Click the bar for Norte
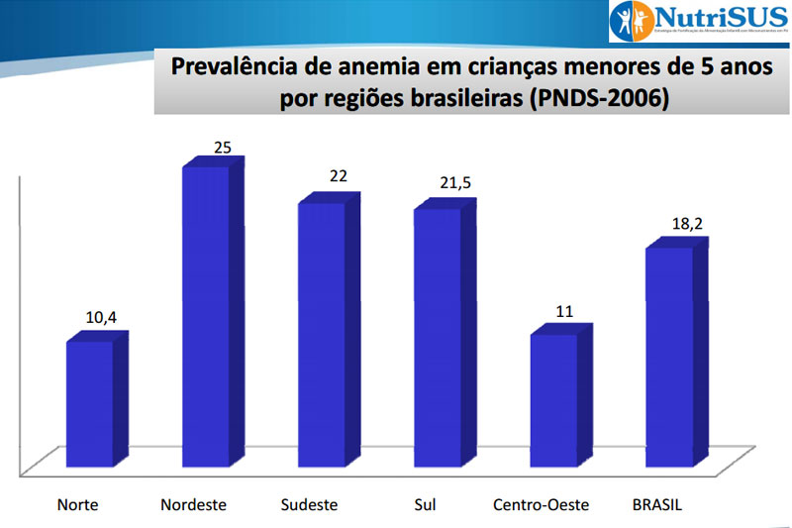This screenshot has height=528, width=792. pos(90,404)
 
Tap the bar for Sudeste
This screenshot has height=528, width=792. pos(322,334)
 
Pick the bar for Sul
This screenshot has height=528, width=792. pos(438,337)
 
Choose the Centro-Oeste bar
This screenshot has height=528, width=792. pos(553,400)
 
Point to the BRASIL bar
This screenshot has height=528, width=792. pos(669,357)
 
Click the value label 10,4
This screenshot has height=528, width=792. pos(101,318)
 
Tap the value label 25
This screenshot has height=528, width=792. pos(223,149)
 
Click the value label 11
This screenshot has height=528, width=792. pos(565,310)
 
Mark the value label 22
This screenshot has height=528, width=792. pos(339,176)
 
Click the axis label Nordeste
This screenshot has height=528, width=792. pos(193,504)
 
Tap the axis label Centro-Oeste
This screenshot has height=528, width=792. pos(541,504)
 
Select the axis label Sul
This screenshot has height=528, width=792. pos(425,504)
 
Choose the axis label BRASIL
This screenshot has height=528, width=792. pos(657,504)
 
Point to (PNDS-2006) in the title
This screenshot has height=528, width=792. pos(599,99)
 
